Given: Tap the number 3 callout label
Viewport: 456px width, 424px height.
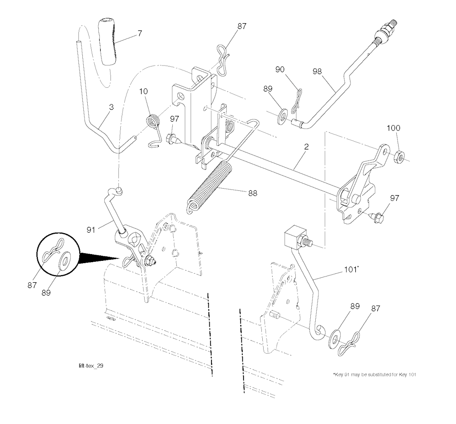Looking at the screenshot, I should (111, 107).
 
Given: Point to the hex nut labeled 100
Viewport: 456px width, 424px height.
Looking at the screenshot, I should (399, 156).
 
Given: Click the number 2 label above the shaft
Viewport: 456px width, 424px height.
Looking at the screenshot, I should (307, 146).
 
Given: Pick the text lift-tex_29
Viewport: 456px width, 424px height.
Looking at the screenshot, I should (92, 366).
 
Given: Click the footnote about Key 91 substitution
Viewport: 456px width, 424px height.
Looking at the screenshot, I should (374, 374).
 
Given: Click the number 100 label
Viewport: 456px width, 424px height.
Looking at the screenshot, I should (393, 128).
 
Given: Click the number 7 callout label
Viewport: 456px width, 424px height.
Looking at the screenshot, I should (140, 33).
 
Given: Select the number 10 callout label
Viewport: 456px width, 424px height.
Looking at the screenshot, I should (143, 91).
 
